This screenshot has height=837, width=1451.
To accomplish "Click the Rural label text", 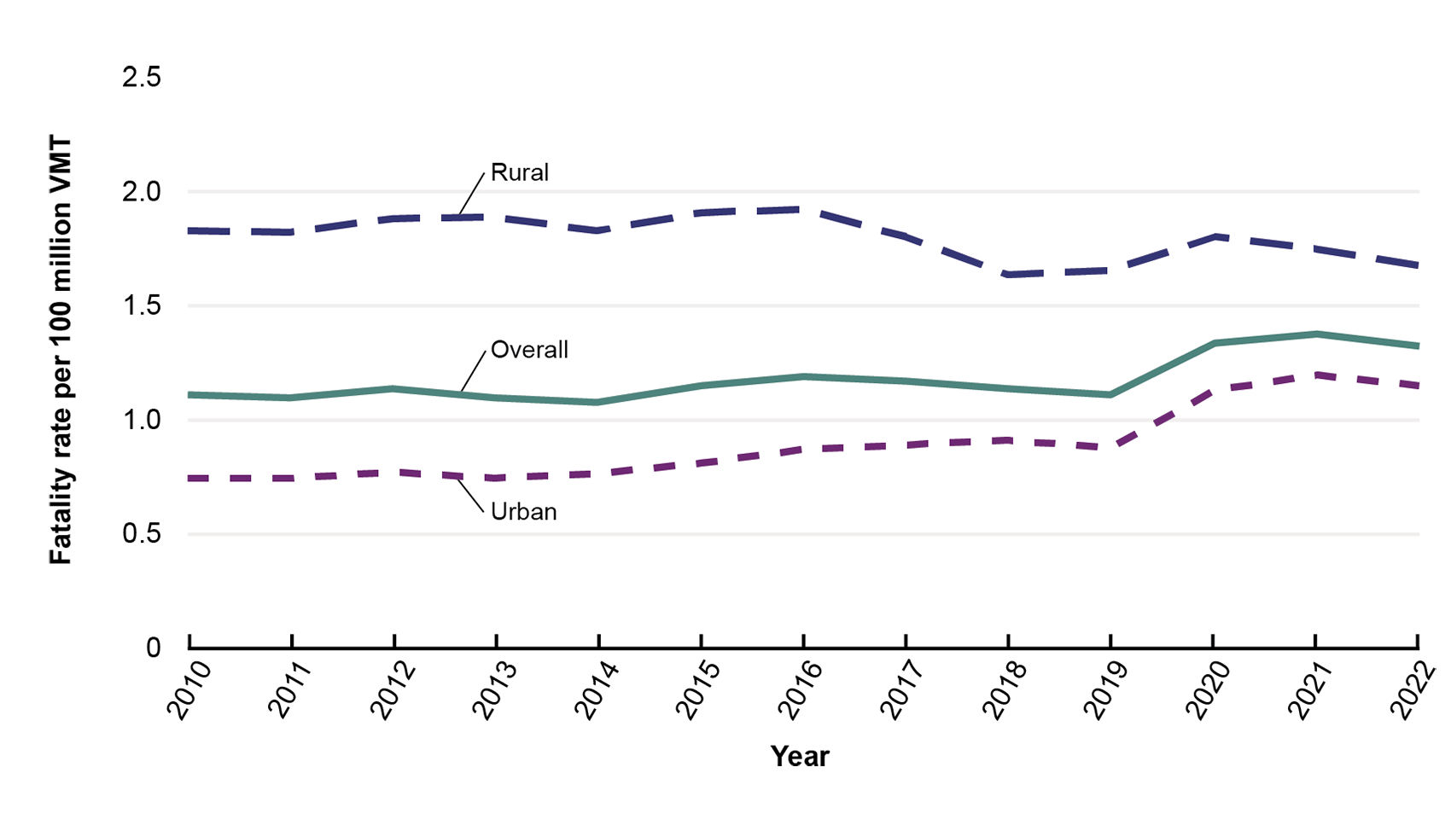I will tap(519, 172).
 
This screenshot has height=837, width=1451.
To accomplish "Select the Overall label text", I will tap(529, 350).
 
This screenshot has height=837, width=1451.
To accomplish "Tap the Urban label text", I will tap(523, 512).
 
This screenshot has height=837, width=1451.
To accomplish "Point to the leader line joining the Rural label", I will tap(472, 193).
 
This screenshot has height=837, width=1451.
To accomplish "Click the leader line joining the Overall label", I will tap(474, 371).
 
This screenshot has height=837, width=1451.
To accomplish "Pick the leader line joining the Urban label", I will tap(470, 496).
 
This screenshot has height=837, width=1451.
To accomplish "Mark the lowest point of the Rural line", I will tap(1008, 275).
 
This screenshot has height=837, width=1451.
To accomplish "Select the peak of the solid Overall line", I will tap(1316, 334).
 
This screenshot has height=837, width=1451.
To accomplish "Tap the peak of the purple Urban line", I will tap(1316, 375).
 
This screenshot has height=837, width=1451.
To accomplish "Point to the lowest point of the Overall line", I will tap(597, 402).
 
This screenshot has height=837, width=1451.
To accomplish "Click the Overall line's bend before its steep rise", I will tap(1110, 395).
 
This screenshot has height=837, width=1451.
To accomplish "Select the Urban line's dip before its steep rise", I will tap(1110, 446).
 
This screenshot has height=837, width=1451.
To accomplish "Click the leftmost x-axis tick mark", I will tap(189, 639).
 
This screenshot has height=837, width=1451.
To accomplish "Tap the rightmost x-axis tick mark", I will tap(1418, 639).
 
